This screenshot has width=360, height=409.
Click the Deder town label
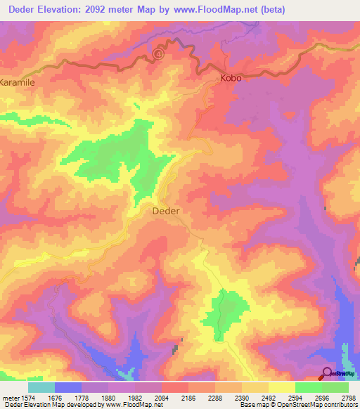point(166,210)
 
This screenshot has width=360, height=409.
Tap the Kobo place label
point(231,78)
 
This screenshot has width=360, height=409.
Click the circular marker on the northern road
point(159,53)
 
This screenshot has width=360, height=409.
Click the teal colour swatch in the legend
point(41,387)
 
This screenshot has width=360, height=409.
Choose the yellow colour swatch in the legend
point(282,387)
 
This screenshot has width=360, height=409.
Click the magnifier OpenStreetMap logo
point(328,372)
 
